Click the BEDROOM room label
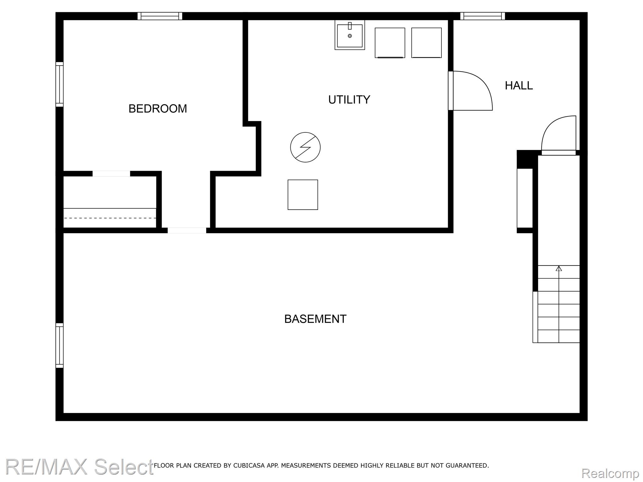[158, 109]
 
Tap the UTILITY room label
[349, 99]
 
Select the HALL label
[519, 85]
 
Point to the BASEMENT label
[315, 319]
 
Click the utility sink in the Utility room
[350, 35]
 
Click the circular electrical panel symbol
[305, 147]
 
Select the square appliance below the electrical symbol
[303, 195]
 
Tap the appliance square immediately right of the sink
[390, 43]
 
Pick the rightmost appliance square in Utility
[426, 43]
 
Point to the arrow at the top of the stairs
[559, 268]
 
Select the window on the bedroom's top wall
[160, 16]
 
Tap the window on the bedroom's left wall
[60, 84]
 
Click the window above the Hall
[483, 16]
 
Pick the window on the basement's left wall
[60, 345]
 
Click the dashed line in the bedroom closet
[110, 218]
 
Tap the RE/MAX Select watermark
[79, 467]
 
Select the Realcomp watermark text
[610, 473]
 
